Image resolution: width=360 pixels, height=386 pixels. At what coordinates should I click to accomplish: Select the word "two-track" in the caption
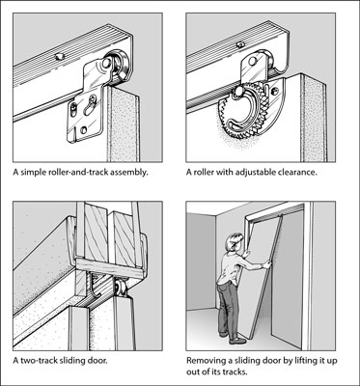36,360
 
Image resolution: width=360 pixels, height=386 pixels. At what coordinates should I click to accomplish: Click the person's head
235,243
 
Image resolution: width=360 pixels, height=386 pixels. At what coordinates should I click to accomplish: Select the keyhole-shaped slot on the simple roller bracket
91,104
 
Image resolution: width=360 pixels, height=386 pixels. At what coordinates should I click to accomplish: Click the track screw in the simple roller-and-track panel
60,57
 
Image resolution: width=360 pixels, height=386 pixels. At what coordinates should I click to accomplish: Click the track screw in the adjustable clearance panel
240,44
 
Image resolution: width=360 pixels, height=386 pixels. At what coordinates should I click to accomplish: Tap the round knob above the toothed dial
239,92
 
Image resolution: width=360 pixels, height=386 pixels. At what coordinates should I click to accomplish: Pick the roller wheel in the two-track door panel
121,287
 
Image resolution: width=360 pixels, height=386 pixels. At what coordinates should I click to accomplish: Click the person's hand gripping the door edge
266,264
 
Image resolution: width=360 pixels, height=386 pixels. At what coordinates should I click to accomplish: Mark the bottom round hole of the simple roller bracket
84,130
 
